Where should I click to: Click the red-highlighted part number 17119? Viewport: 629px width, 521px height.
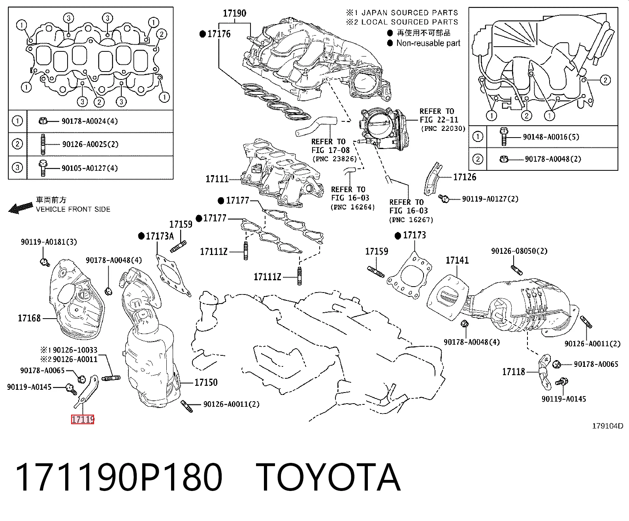point(83,419)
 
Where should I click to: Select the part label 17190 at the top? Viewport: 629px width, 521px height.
point(234,13)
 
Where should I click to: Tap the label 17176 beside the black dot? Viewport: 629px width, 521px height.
point(219,34)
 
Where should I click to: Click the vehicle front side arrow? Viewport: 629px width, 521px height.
point(21,208)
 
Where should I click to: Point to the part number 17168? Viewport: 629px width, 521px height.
point(29,318)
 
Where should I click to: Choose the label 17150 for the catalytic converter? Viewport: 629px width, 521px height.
point(206,382)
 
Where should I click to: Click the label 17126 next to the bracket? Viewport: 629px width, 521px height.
point(465,177)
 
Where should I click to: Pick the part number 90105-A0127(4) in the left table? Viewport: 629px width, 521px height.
point(90,168)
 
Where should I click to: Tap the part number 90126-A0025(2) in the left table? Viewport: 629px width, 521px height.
point(90,144)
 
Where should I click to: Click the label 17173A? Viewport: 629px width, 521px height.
point(160,236)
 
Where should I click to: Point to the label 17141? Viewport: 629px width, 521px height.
point(457,260)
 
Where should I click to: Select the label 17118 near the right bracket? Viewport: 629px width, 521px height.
point(514,372)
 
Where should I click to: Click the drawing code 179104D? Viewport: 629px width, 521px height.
point(608,426)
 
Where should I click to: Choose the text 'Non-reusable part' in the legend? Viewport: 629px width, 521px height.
point(428,43)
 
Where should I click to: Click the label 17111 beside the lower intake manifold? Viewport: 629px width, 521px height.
point(217,179)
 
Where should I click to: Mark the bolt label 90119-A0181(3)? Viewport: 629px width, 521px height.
point(49,242)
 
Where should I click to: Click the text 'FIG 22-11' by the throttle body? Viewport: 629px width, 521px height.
point(439,120)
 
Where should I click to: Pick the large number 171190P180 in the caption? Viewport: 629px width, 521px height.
point(119,478)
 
